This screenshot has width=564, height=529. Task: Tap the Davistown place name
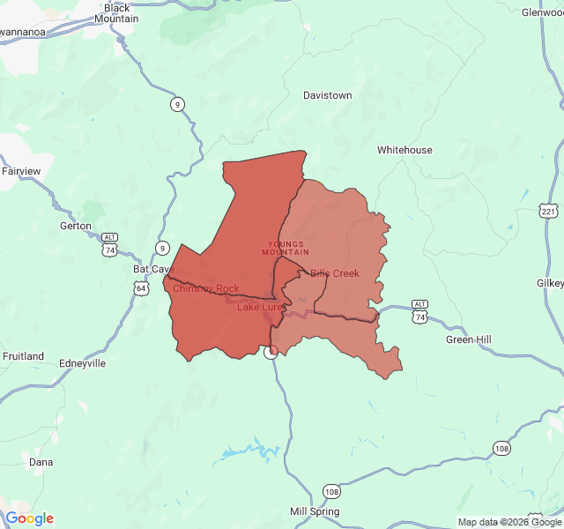click(x=327, y=95)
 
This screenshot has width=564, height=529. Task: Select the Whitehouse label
click(x=404, y=150)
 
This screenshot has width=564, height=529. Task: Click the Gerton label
click(x=75, y=226)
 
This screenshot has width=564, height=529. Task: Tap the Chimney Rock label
click(x=205, y=288)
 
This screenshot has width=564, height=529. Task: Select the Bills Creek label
click(x=335, y=273)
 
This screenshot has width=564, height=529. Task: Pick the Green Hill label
click(x=468, y=339)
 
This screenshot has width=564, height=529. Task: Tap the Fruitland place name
click(x=23, y=356)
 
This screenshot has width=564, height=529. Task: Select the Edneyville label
click(x=81, y=363)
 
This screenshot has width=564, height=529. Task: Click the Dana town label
click(x=41, y=462)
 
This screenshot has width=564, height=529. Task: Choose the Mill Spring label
click(x=315, y=511)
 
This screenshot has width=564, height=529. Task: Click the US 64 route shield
click(x=142, y=288)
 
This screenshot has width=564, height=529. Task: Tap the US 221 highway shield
click(x=549, y=212)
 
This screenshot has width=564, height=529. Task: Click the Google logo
click(x=29, y=518)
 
